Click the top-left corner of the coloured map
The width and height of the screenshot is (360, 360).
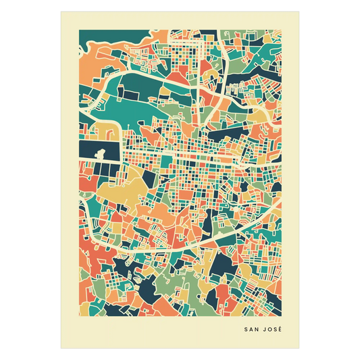click(79, 30)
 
